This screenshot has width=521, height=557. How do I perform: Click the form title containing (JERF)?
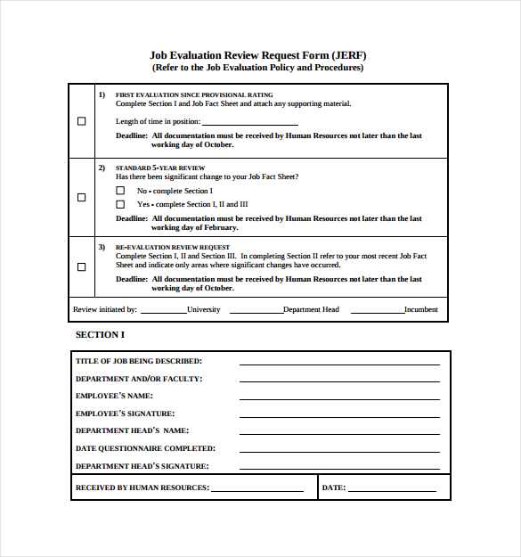coord(258,54)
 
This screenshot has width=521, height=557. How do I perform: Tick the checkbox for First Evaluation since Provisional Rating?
coord(82,121)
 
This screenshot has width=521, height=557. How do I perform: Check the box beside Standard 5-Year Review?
coord(82,197)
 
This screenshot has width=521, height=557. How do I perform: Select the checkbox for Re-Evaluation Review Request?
coord(82,266)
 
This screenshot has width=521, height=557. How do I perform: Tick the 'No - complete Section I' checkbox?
coord(121,191)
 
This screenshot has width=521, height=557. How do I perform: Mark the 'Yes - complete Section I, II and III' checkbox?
coord(121,204)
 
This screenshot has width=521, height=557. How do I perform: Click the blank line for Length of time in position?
coord(250,123)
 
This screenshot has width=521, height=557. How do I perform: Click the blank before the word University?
coord(163,312)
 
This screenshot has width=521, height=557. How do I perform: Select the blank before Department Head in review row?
coord(256,312)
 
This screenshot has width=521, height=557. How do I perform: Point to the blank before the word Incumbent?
coord(378,312)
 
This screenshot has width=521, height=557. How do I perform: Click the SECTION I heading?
coord(101,335)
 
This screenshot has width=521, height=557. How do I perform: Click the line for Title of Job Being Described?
coord(339,363)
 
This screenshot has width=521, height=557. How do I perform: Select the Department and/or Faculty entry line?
coord(339,381)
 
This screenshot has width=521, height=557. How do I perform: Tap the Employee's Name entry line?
coord(339,397)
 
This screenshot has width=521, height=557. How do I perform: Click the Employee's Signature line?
coord(339,415)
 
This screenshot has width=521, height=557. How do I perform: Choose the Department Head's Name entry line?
coord(339,433)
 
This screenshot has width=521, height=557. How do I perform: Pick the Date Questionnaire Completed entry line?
coord(339,451)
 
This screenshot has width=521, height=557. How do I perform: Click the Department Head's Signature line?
coord(339,468)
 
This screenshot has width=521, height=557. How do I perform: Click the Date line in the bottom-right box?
coord(392,490)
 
